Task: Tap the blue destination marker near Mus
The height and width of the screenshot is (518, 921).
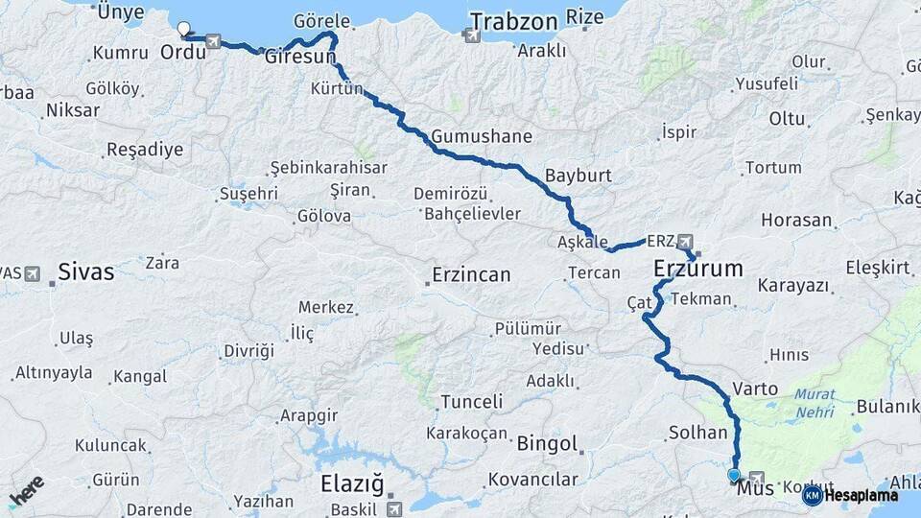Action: (734, 474)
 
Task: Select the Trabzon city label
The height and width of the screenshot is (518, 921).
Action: (513, 22)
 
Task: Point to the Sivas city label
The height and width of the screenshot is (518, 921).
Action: (85, 272)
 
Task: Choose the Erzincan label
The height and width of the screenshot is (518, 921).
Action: (471, 275)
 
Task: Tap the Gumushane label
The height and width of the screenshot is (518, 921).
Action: (481, 136)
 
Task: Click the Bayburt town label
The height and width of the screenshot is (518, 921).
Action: (578, 177)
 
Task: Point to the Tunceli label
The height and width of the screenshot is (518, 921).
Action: (471, 402)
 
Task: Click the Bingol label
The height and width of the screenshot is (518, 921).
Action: (547, 444)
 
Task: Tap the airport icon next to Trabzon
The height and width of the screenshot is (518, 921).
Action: (470, 36)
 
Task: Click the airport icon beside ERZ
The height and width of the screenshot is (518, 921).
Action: (684, 241)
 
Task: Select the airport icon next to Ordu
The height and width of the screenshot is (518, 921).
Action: (213, 42)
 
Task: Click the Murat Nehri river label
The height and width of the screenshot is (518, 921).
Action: (815, 403)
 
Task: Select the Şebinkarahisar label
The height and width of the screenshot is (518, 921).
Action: (329, 168)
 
